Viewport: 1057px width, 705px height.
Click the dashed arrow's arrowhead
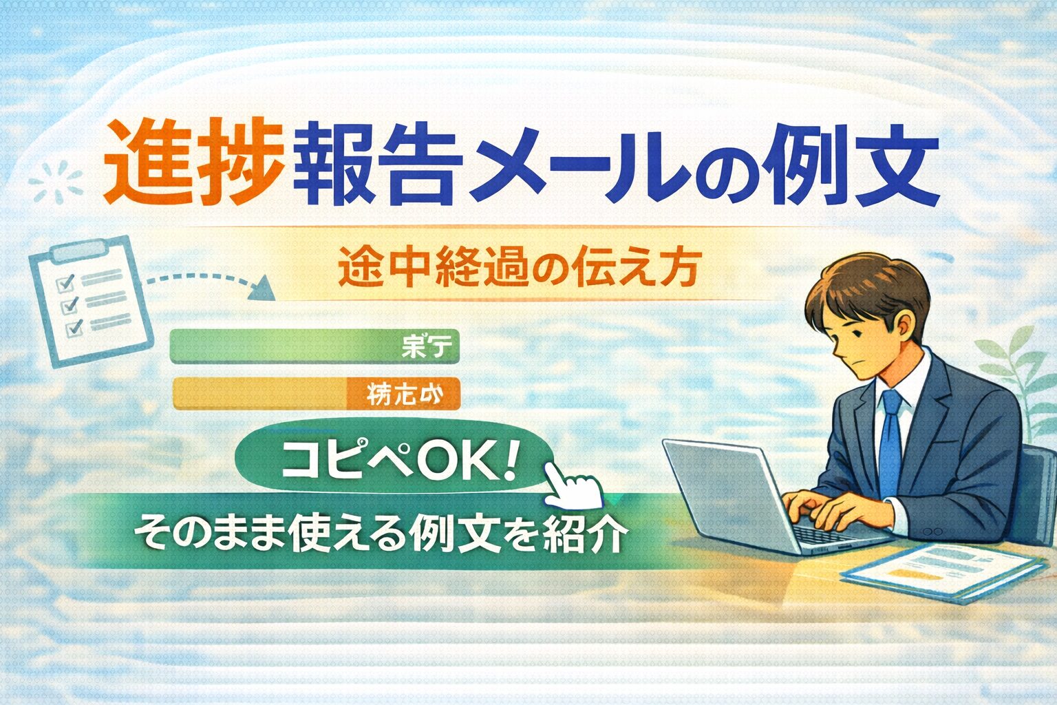(264, 289)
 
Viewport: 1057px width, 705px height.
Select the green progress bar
(314, 346)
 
